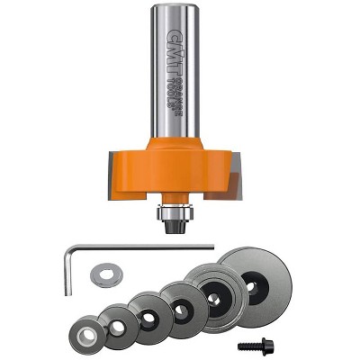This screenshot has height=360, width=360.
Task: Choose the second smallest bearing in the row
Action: [x=117, y=323]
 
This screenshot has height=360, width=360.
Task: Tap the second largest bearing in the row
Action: [x=215, y=292]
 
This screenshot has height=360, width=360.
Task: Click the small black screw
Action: [x=248, y=345]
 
